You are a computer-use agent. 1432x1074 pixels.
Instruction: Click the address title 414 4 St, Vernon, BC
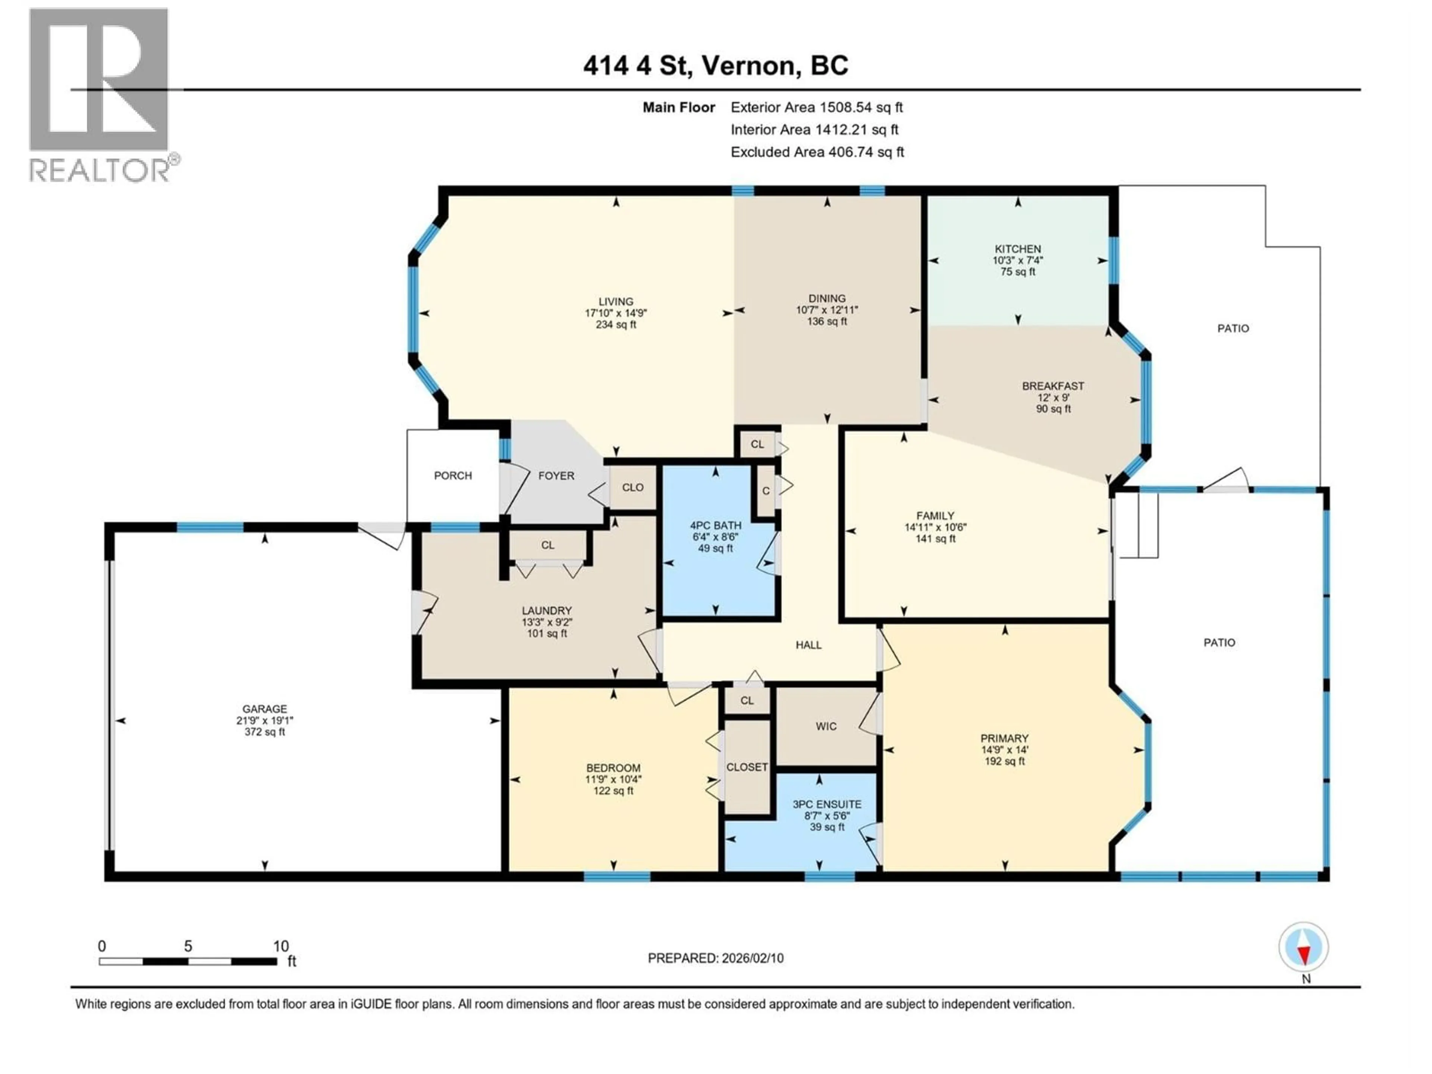715,65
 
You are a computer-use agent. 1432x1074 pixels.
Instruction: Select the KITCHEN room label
1018,249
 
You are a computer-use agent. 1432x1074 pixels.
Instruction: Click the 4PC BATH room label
715,525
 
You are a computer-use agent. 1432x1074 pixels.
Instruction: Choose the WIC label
826,726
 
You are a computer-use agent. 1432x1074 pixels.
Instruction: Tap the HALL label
808,645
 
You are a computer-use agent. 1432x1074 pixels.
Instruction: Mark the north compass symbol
1304,947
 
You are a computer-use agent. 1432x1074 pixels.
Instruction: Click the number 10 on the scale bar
280,946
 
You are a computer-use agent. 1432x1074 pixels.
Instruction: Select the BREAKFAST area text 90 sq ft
1053,409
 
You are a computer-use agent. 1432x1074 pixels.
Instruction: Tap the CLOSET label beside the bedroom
747,767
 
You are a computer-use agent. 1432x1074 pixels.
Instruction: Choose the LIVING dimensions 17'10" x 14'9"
616,313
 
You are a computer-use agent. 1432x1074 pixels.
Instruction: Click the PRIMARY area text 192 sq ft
1004,761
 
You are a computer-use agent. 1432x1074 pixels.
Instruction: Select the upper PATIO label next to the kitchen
1232,328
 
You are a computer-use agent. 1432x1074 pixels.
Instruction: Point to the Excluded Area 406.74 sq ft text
817,152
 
